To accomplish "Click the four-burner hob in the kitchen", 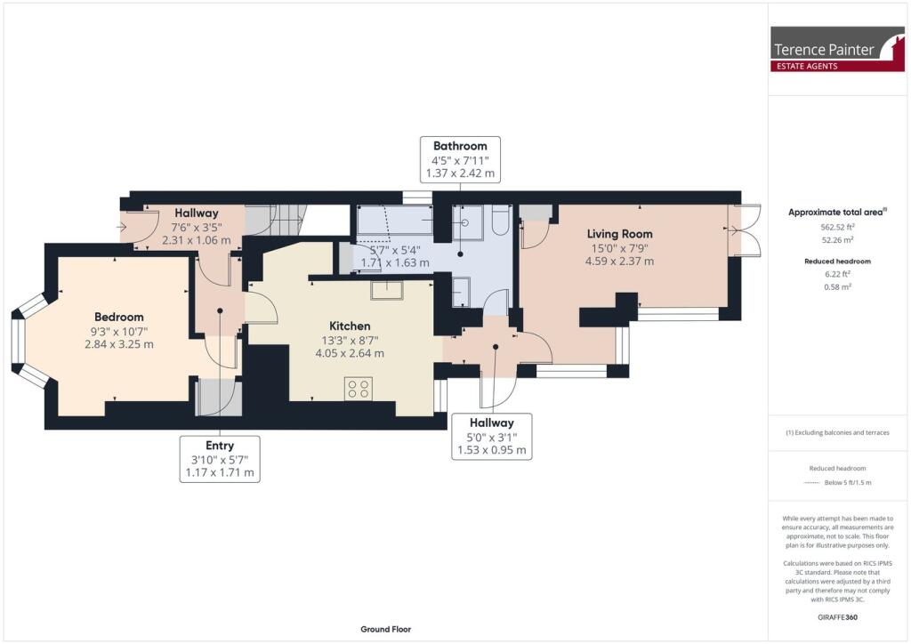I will [x=359, y=389].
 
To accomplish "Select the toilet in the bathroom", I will [x=500, y=221].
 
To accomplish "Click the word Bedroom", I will [x=119, y=317].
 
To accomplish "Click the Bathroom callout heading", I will [x=460, y=146].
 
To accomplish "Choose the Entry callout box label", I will [x=219, y=446].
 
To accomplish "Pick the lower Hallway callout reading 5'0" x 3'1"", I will [x=492, y=437].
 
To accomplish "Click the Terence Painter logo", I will [x=838, y=49].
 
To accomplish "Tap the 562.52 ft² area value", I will [x=839, y=227].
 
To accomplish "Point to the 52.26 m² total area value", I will [x=839, y=240].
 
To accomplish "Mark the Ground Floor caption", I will [x=385, y=629].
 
